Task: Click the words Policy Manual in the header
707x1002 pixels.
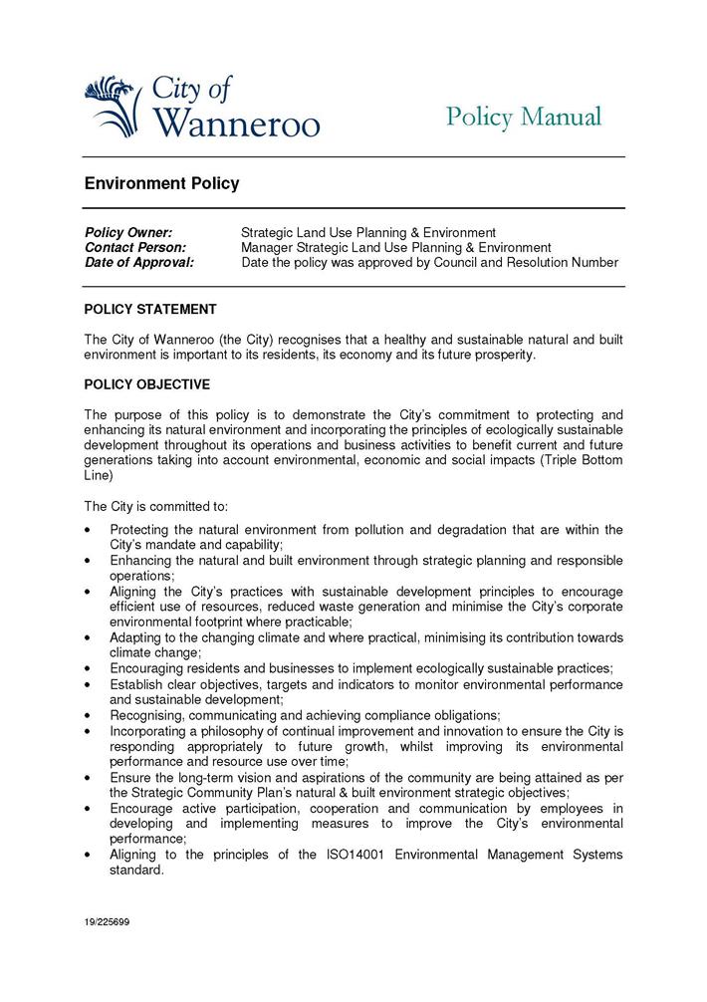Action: coord(524,118)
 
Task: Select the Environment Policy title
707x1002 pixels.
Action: coord(161,184)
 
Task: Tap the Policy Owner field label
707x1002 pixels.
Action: coord(128,232)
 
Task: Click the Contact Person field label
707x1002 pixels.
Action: coord(135,247)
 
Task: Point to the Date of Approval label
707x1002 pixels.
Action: coord(138,262)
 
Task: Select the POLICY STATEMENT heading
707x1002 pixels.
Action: coord(150,310)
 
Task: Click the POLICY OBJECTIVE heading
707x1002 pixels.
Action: coord(146,384)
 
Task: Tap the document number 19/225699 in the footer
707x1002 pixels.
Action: coord(107,922)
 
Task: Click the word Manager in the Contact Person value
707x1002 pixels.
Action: coord(269,247)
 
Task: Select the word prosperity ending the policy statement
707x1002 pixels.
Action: coord(505,355)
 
